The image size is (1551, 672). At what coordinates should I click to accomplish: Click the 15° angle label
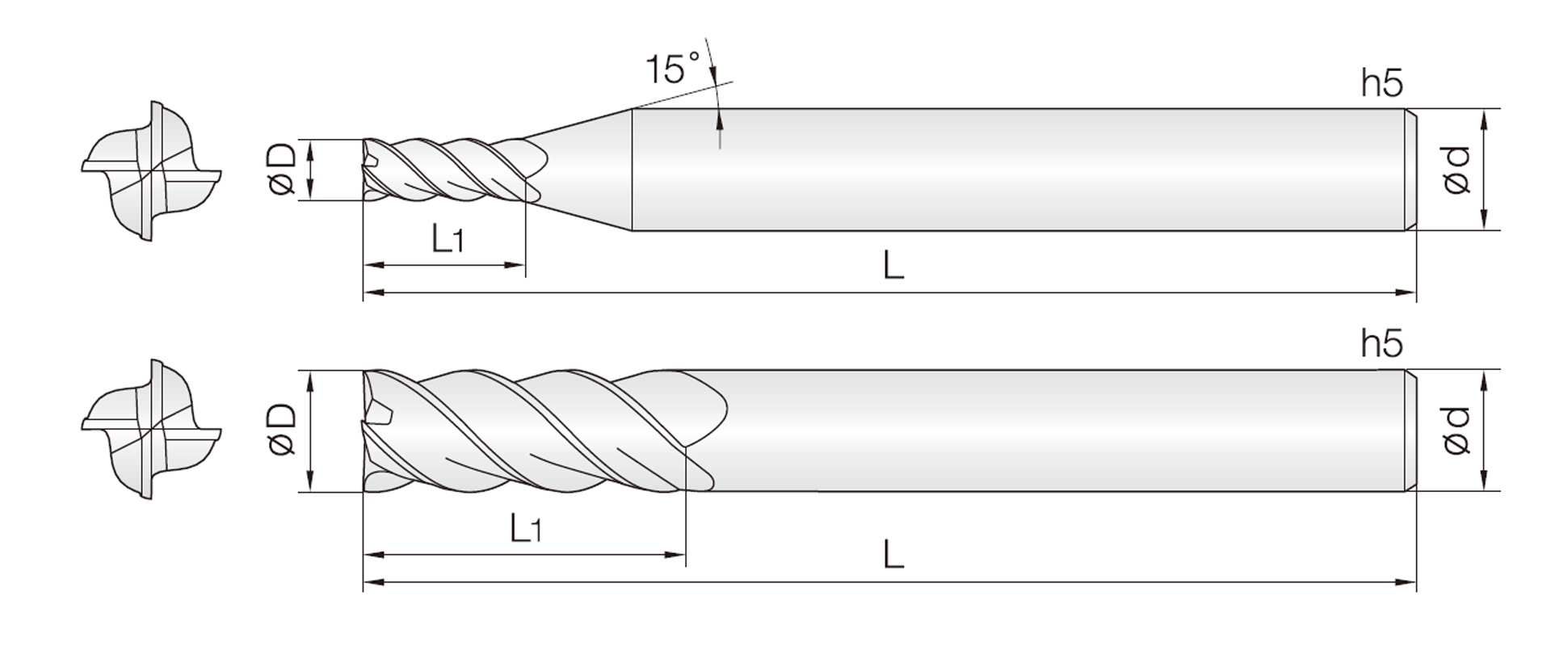pos(673,69)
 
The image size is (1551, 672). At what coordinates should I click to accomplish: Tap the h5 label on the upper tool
pos(1382,83)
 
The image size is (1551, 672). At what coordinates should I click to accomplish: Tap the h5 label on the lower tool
pos(1382,343)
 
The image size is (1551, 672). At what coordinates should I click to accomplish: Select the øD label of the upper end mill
pos(283,170)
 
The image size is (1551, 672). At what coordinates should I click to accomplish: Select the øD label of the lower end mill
pos(283,430)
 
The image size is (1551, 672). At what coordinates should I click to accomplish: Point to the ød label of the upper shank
pos(1456,170)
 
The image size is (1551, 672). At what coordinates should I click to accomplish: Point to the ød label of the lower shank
pos(1456,430)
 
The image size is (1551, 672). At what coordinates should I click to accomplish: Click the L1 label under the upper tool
pos(447,239)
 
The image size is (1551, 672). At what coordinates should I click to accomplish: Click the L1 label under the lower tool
pos(526,529)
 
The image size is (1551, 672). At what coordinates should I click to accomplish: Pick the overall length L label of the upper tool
pos(893,264)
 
